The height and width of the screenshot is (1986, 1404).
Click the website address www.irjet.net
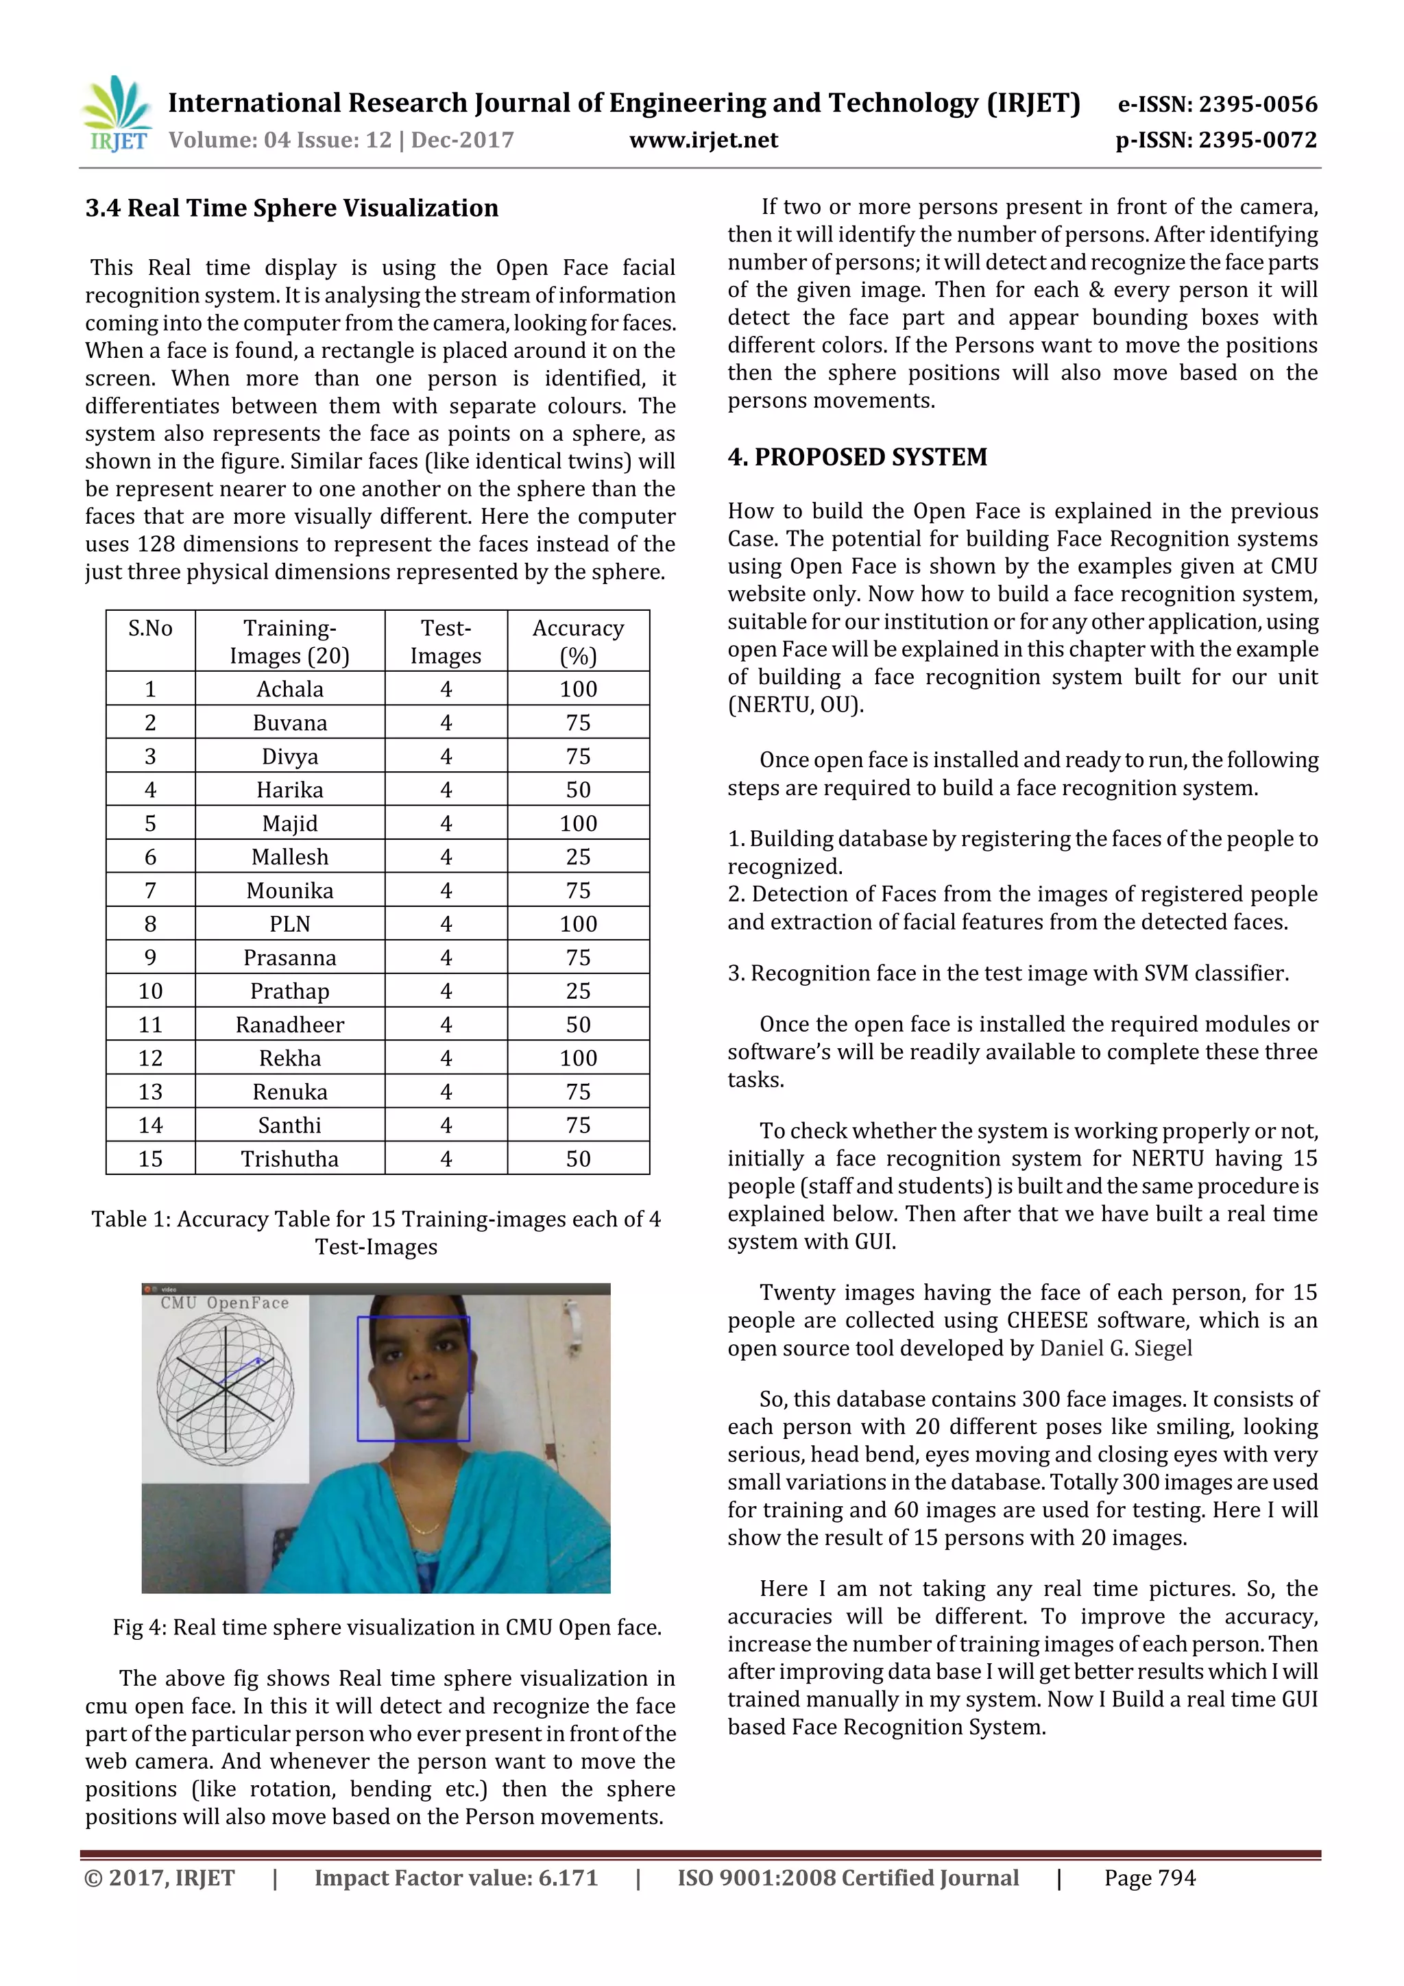(703, 140)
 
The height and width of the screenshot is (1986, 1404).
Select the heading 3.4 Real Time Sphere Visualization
(291, 208)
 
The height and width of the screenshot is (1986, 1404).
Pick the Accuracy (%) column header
(578, 641)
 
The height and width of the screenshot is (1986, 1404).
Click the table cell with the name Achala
(290, 690)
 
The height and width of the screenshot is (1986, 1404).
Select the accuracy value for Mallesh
(578, 857)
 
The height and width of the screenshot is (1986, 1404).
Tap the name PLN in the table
(290, 924)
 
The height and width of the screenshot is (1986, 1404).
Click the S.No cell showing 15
(151, 1159)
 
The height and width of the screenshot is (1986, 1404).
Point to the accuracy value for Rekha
(578, 1058)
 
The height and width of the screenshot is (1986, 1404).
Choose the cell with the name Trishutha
(290, 1159)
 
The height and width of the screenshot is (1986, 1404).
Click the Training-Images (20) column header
(290, 641)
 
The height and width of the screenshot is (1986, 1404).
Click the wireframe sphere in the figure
(225, 1388)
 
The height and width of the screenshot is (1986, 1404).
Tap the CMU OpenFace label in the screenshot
(224, 1303)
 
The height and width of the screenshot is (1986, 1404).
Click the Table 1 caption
(376, 1233)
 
